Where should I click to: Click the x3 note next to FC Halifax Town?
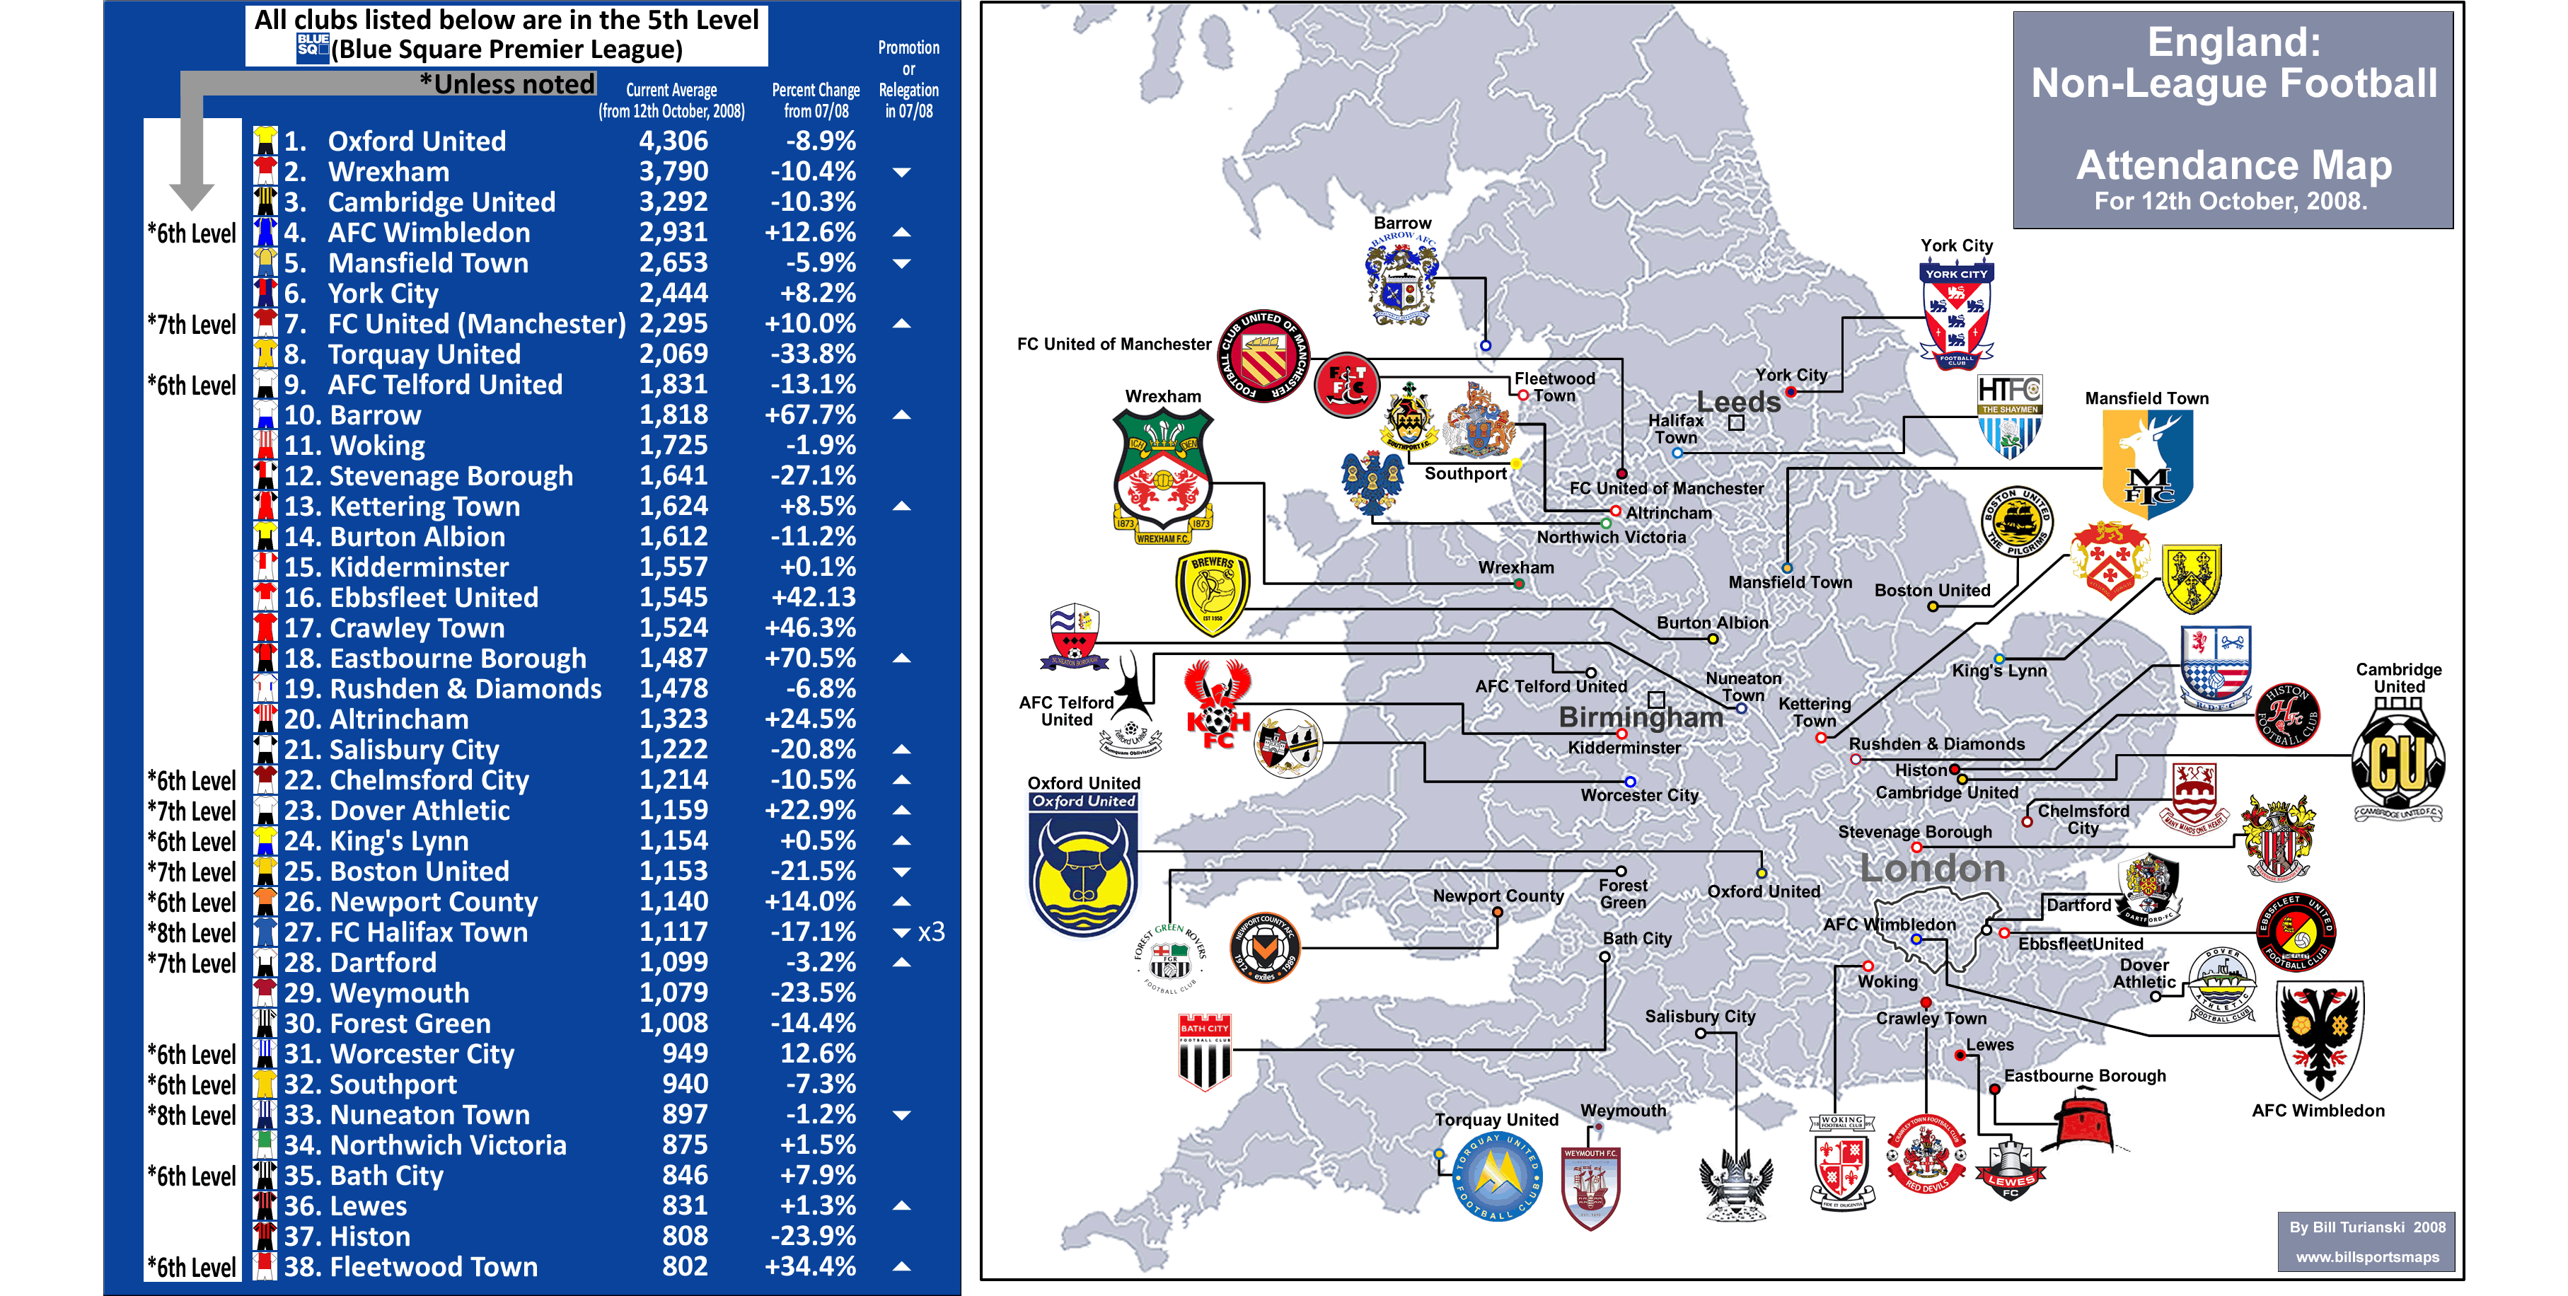[x=931, y=932]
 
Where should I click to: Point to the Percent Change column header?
[x=816, y=100]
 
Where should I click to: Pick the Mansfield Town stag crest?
[x=2146, y=463]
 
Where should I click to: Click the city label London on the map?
[x=1932, y=868]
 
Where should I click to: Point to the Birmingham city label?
[x=1640, y=717]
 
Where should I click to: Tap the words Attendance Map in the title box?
[x=2233, y=165]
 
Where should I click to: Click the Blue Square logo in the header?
[x=312, y=47]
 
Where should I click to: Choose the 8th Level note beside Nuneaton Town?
[x=192, y=1116]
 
